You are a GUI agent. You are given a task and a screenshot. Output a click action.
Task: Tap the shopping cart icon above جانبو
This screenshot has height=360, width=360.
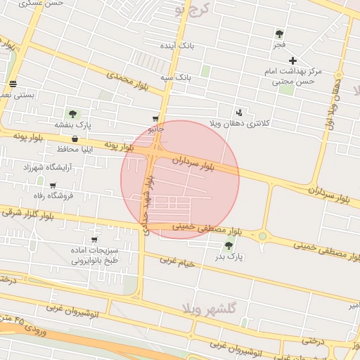155,119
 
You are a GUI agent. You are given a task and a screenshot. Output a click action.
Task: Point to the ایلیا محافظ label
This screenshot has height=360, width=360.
64,150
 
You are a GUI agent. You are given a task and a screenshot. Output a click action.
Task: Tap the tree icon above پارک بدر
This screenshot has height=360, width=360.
228,245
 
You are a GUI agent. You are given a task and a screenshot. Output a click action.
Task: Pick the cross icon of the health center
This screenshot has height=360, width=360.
293,60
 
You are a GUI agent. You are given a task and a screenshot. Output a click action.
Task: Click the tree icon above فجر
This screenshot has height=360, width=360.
280,33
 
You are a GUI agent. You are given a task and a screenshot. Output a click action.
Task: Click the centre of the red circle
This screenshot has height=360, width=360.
180,180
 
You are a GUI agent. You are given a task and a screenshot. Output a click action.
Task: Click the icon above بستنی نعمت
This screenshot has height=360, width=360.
13,84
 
